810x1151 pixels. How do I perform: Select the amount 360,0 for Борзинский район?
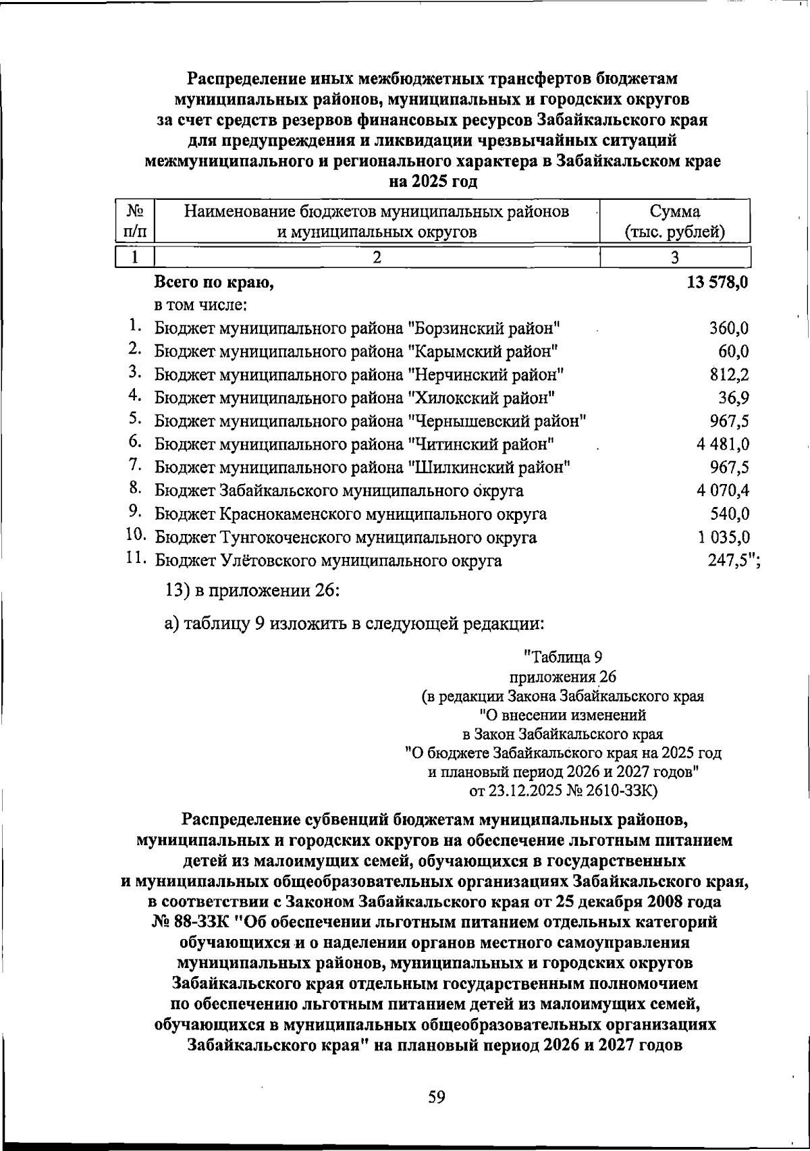point(728,329)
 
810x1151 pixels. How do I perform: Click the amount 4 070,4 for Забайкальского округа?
point(723,491)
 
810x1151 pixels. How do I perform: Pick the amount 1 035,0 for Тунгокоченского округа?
point(723,537)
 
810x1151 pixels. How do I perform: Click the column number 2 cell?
point(377,257)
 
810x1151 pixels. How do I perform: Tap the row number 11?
point(135,559)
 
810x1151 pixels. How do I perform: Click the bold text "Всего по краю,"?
point(215,283)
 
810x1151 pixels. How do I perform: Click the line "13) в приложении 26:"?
point(252,590)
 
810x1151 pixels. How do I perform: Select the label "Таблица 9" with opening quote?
point(562,657)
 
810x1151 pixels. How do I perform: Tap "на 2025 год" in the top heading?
point(434,182)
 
